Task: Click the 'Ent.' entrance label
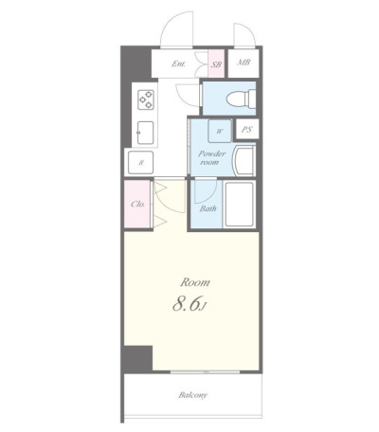pyautogui.click(x=178, y=63)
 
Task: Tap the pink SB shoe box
pyautogui.click(x=216, y=63)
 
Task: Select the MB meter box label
pyautogui.click(x=244, y=63)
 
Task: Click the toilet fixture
pyautogui.click(x=241, y=99)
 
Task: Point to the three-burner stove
pyautogui.click(x=146, y=99)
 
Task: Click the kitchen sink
pyautogui.click(x=146, y=133)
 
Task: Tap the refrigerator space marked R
pyautogui.click(x=141, y=163)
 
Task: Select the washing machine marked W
pyautogui.click(x=220, y=131)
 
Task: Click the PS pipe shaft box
pyautogui.click(x=246, y=130)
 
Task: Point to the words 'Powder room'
pyautogui.click(x=211, y=158)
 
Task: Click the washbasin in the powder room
pyautogui.click(x=244, y=161)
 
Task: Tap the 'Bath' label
pyautogui.click(x=208, y=208)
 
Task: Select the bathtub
pyautogui.click(x=240, y=204)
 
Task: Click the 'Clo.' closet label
pyautogui.click(x=137, y=204)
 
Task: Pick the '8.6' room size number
pyautogui.click(x=187, y=304)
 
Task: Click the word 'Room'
pyautogui.click(x=195, y=282)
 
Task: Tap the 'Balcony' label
pyautogui.click(x=192, y=395)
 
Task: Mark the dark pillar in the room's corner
pyautogui.click(x=138, y=359)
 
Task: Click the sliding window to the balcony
pyautogui.click(x=206, y=372)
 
